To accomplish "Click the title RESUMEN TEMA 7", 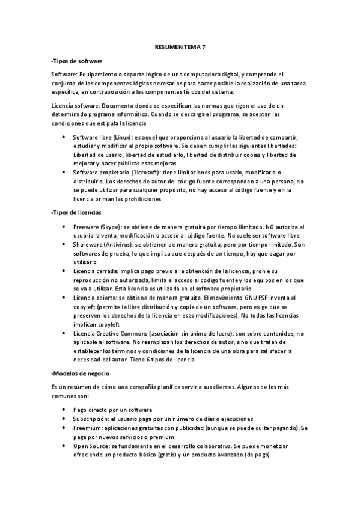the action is pos(180,46).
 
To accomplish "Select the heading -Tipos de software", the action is pos(78,61).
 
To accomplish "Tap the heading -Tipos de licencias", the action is pos(77,212).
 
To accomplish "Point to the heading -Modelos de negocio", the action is pos(79,374).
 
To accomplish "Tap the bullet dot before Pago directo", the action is pos(64,410).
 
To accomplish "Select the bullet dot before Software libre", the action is pos(64,138).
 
